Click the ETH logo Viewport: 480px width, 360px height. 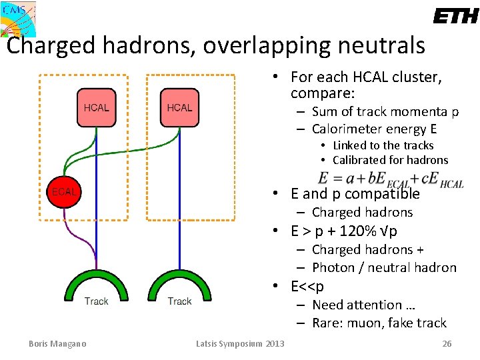pos(455,16)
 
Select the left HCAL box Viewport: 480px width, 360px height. pos(97,107)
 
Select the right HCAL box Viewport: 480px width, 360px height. pos(179,107)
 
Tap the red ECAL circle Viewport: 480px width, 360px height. pos(65,191)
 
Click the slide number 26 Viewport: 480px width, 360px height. pos(447,343)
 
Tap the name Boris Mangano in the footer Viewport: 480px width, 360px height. pos(57,343)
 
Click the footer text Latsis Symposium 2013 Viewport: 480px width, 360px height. pos(240,343)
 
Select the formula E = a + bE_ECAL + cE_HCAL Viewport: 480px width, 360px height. pos(390,180)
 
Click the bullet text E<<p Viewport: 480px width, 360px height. pos(307,287)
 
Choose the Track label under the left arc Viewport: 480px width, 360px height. pos(97,301)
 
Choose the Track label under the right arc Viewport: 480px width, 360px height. pos(179,301)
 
